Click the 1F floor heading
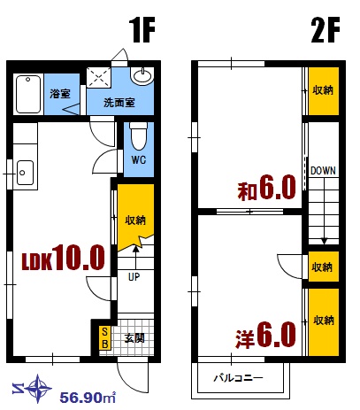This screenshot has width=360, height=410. (x=142, y=32)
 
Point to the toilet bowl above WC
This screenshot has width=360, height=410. (x=137, y=137)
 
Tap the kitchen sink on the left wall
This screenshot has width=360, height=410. (x=24, y=169)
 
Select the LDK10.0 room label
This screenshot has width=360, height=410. (x=64, y=259)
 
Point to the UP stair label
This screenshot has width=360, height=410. (x=134, y=276)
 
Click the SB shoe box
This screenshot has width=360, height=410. (x=103, y=337)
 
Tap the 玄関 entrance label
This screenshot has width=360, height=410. (x=134, y=337)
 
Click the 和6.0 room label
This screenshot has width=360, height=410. (x=265, y=190)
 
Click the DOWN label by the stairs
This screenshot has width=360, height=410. (x=323, y=170)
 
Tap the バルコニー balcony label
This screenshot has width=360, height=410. (x=239, y=378)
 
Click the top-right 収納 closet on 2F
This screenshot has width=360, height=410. (x=323, y=89)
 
